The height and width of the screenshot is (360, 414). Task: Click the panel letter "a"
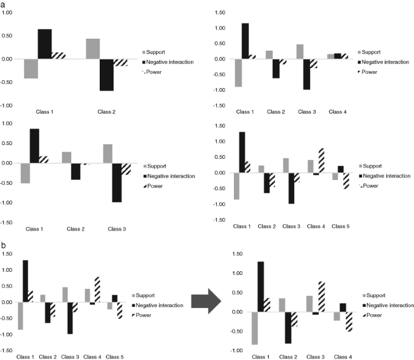point(4,5)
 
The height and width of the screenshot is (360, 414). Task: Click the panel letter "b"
point(4,246)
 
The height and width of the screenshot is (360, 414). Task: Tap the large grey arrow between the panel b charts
point(207,301)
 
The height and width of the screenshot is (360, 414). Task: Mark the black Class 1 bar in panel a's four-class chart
point(245,41)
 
